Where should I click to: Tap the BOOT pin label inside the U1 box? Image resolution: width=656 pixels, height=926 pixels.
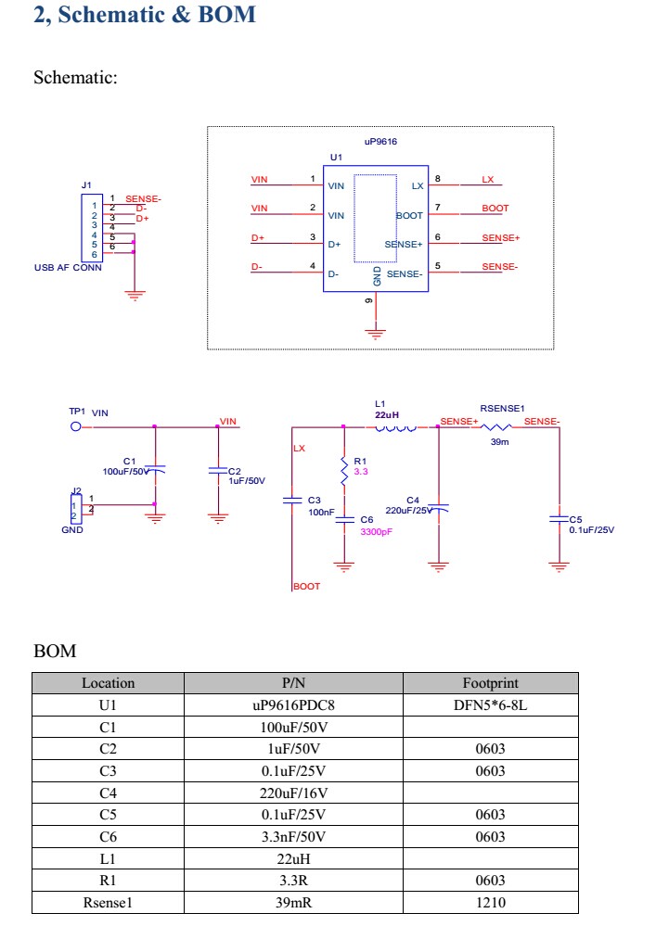coord(409,215)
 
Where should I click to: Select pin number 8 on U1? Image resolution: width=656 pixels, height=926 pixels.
coord(437,179)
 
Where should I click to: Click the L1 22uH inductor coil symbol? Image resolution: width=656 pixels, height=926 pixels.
coord(396,427)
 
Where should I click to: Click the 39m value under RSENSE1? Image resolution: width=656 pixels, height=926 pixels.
coord(500,442)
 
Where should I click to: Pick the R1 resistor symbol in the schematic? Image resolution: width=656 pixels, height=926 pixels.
coord(344,472)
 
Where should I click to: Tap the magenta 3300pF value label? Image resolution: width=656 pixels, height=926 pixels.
coord(377,532)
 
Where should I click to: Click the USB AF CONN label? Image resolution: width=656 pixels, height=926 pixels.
coord(68,268)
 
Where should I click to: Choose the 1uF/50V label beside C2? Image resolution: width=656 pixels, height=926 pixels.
coord(247,480)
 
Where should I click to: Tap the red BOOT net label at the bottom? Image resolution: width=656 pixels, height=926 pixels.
coord(307,586)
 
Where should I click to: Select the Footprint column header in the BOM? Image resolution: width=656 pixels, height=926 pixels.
coord(490,683)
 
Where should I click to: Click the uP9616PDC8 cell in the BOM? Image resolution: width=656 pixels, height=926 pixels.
coord(293,705)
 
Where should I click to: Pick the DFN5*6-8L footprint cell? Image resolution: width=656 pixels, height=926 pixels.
coord(490,705)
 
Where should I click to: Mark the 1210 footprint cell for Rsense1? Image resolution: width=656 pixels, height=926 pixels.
coord(490,902)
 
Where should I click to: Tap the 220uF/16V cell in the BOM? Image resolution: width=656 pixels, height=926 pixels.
coord(293,793)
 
